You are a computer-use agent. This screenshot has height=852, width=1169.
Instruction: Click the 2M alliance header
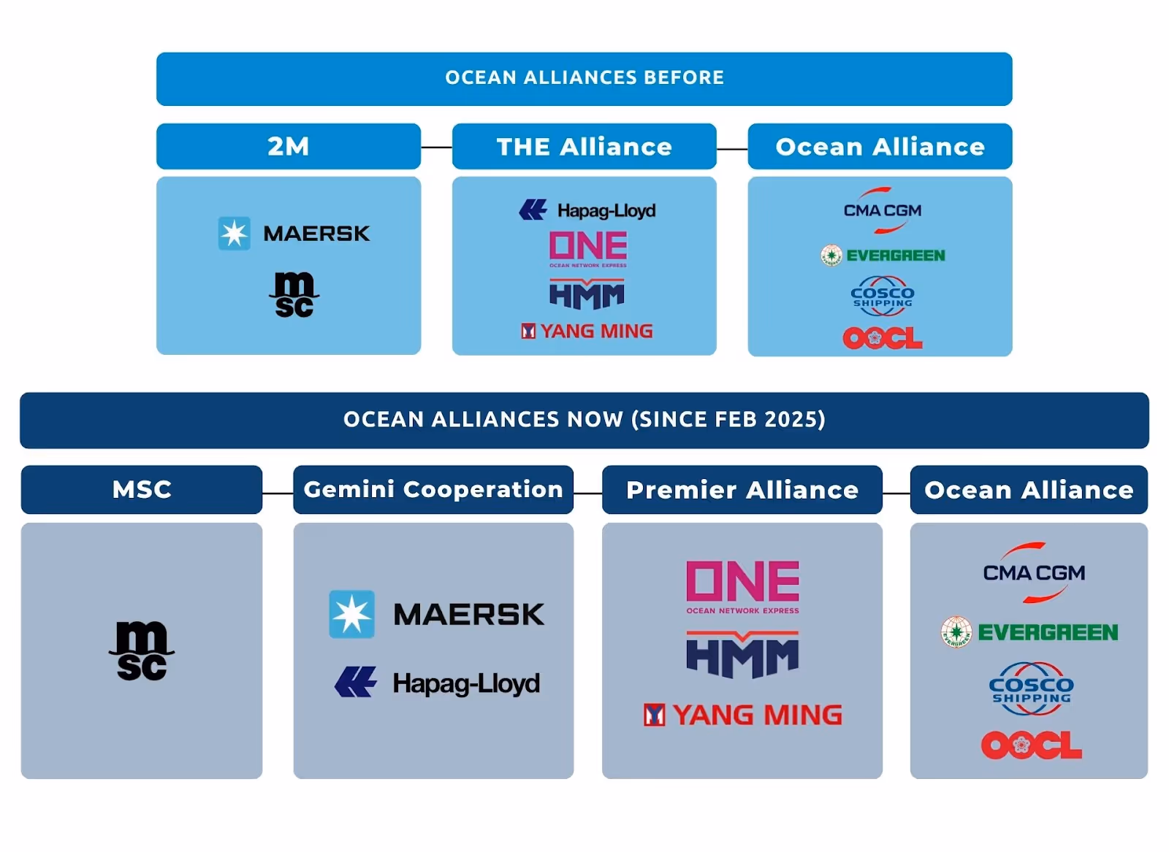(x=289, y=147)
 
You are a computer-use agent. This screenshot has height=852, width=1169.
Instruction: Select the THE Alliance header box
(x=584, y=147)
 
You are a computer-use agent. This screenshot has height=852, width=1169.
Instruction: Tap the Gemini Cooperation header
(x=433, y=489)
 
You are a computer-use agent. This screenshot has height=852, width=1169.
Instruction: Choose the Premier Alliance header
(x=742, y=490)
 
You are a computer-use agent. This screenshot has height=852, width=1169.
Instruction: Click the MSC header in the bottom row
(x=142, y=489)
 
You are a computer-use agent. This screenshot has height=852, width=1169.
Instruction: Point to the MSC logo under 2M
(x=294, y=295)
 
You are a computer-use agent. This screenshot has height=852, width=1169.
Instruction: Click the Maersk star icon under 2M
(x=235, y=234)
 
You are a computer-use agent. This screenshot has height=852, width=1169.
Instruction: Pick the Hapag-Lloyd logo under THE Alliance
(x=587, y=210)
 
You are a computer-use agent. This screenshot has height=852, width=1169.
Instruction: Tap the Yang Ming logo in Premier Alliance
(x=742, y=715)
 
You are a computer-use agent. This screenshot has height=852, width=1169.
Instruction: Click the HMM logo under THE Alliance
(x=587, y=295)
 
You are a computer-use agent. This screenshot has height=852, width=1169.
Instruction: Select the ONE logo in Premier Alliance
(x=742, y=586)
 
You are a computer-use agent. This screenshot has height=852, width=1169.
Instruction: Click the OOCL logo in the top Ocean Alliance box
(x=882, y=337)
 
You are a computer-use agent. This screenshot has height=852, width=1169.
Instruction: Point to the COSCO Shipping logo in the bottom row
(x=1031, y=688)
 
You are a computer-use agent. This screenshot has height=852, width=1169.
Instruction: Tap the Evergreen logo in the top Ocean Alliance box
(x=883, y=255)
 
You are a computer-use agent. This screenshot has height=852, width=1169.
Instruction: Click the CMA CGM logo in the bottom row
(x=1033, y=572)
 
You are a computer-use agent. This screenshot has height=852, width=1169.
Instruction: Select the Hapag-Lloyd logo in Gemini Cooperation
(x=437, y=683)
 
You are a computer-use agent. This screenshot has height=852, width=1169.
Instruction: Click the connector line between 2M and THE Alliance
(x=436, y=147)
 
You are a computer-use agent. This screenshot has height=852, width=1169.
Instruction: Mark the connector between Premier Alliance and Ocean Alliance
(x=896, y=494)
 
